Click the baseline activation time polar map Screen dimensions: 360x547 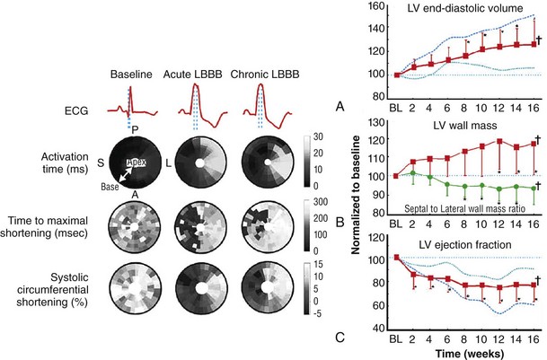click(128, 168)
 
